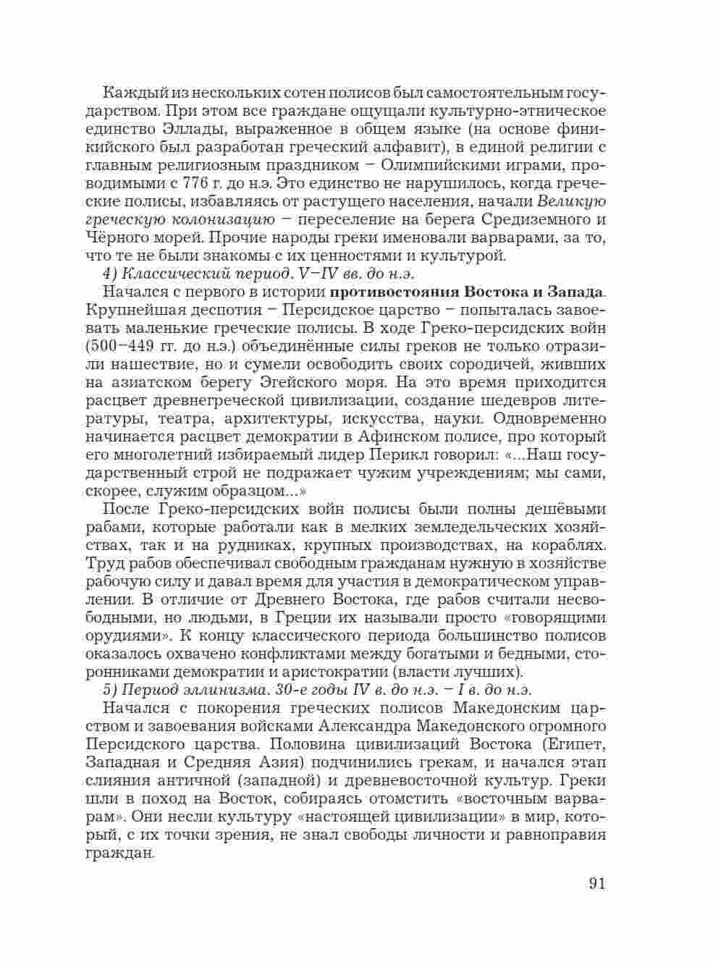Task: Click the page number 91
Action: pos(596,884)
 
